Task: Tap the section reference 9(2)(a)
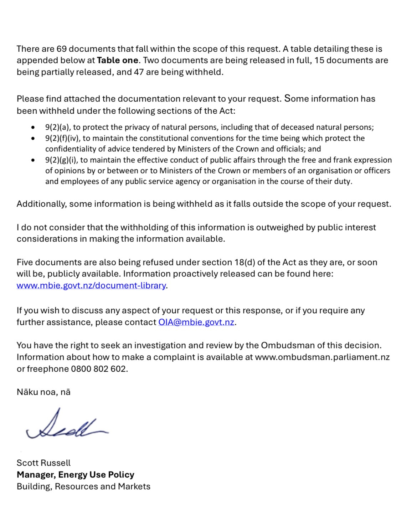[58, 127]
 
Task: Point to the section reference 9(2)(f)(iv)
[62, 138]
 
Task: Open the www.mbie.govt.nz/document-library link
[91, 285]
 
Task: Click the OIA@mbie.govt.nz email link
[196, 322]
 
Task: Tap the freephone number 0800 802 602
[99, 369]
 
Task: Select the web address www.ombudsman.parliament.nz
[322, 357]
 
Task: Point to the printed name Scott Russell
[43, 463]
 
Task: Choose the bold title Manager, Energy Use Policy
[76, 475]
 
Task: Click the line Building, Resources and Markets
[83, 486]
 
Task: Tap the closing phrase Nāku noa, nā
[43, 392]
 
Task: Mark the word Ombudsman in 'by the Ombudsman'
[288, 345]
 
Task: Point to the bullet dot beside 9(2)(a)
[33, 127]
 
